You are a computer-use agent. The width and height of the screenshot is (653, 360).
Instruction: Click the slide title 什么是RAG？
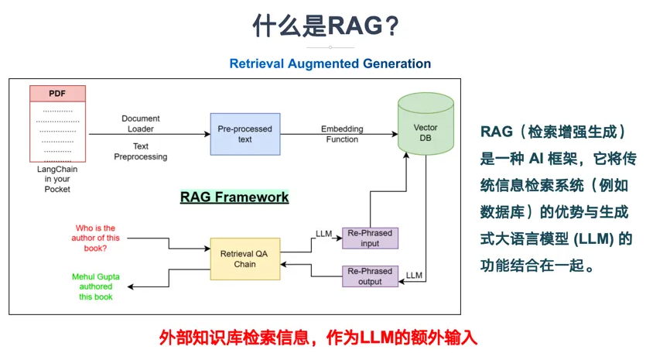pyautogui.click(x=326, y=26)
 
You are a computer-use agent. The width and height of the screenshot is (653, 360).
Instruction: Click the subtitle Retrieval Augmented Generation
pyautogui.click(x=330, y=63)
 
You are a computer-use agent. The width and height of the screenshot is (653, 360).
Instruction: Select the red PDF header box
pyautogui.click(x=57, y=94)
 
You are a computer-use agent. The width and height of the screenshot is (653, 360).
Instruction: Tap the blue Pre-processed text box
pyautogui.click(x=244, y=134)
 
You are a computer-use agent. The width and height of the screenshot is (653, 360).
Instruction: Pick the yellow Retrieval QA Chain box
pyautogui.click(x=244, y=259)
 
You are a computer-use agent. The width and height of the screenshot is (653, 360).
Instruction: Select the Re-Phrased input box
pyautogui.click(x=370, y=238)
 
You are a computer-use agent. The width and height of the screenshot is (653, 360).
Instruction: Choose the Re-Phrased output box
pyautogui.click(x=370, y=276)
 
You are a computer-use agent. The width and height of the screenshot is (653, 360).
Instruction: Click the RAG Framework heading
pyautogui.click(x=234, y=197)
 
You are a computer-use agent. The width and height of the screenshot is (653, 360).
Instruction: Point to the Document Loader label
pyautogui.click(x=141, y=124)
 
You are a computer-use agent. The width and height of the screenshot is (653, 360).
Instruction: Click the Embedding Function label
pyautogui.click(x=342, y=134)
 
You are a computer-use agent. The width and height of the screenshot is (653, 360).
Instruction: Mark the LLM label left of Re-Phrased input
pyautogui.click(x=323, y=232)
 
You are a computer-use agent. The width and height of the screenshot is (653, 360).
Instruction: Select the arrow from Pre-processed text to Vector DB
pyautogui.click(x=337, y=135)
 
